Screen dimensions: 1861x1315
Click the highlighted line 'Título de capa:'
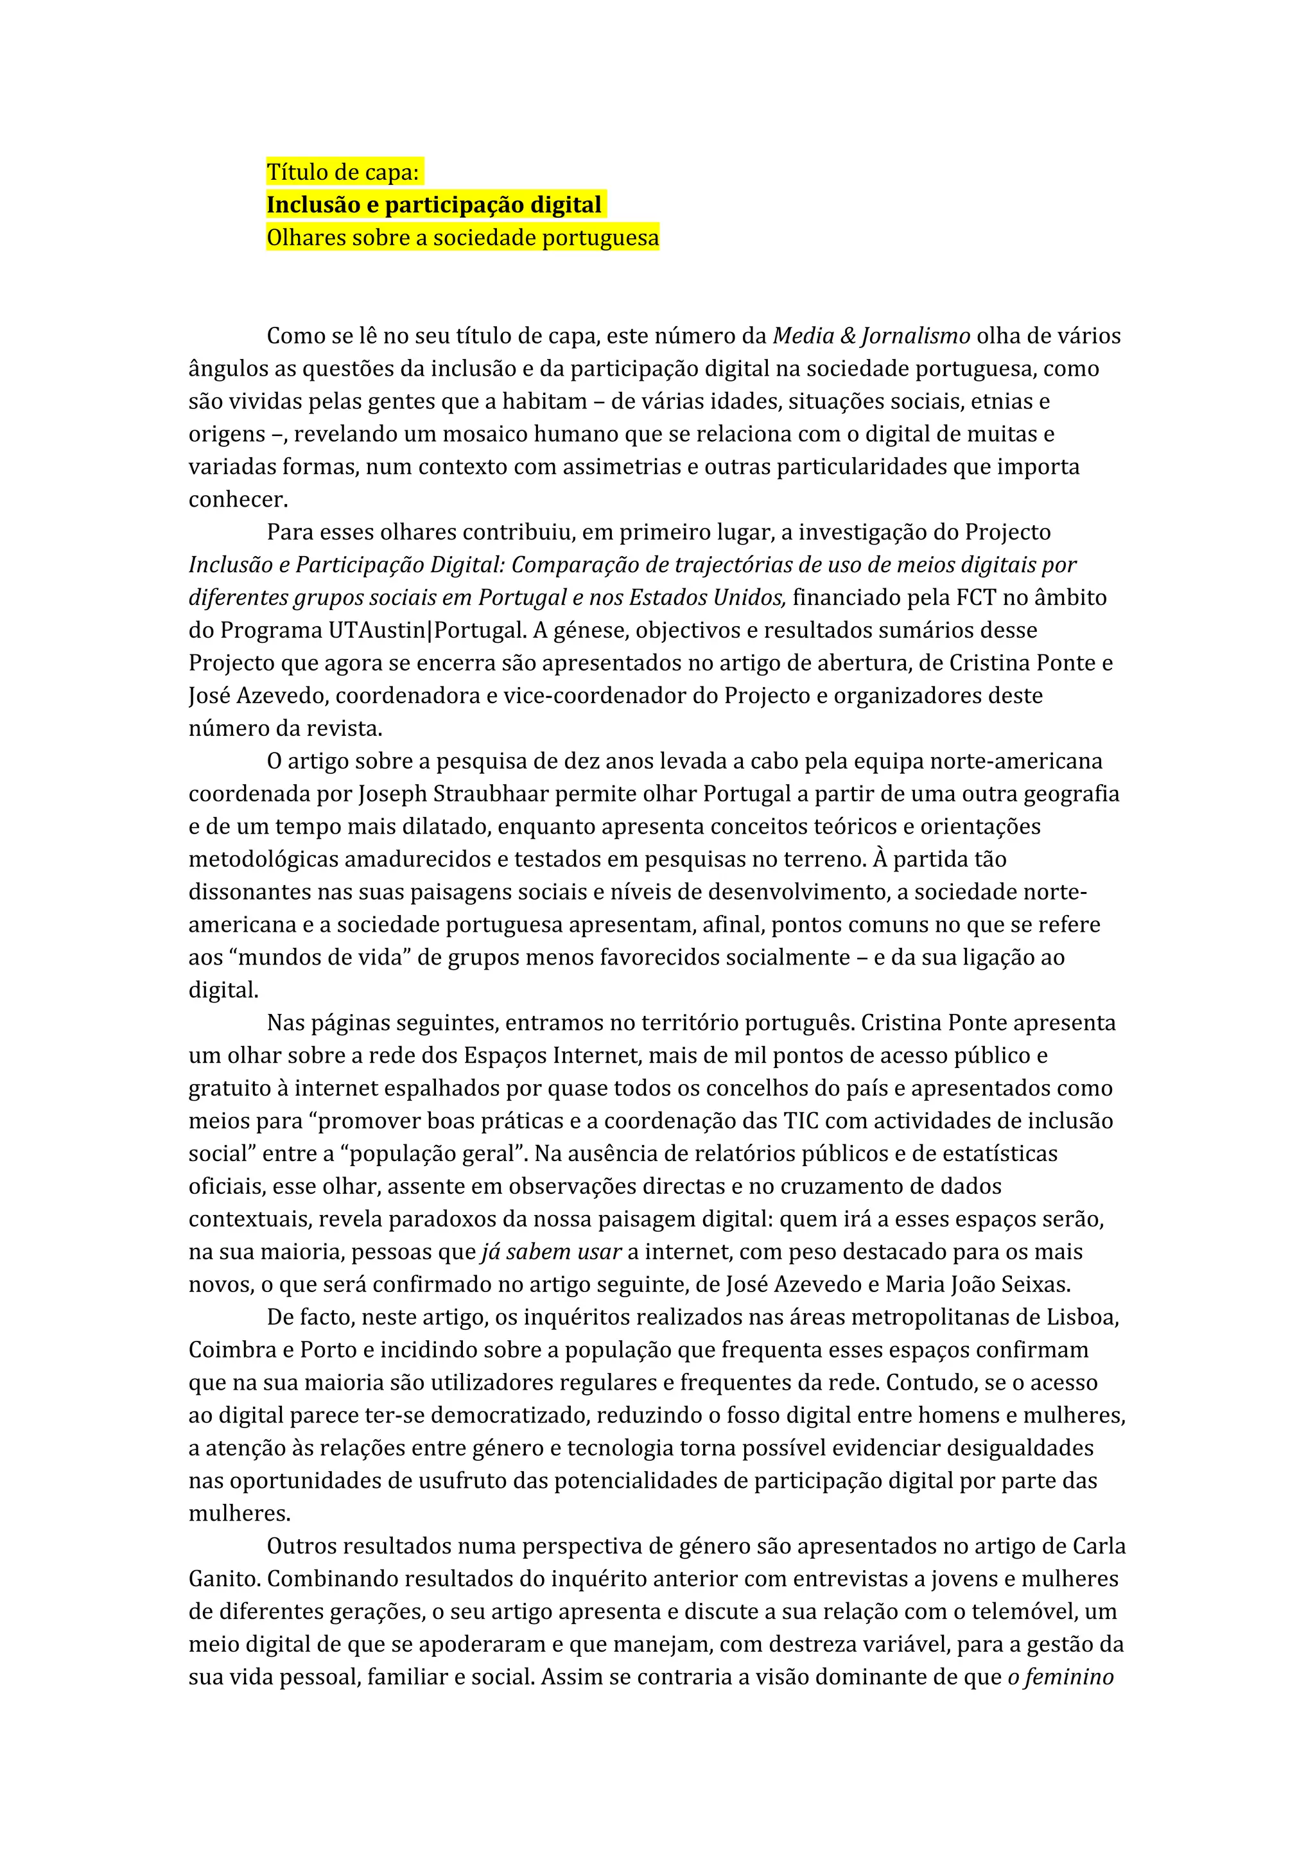click(x=343, y=172)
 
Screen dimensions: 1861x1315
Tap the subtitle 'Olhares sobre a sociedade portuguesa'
click(x=463, y=238)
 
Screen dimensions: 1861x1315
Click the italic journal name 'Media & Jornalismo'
click(x=871, y=336)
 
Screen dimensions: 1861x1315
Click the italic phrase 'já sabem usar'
click(x=551, y=1252)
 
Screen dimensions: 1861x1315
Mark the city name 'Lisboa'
click(x=1082, y=1317)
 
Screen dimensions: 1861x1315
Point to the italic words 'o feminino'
click(x=1061, y=1677)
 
